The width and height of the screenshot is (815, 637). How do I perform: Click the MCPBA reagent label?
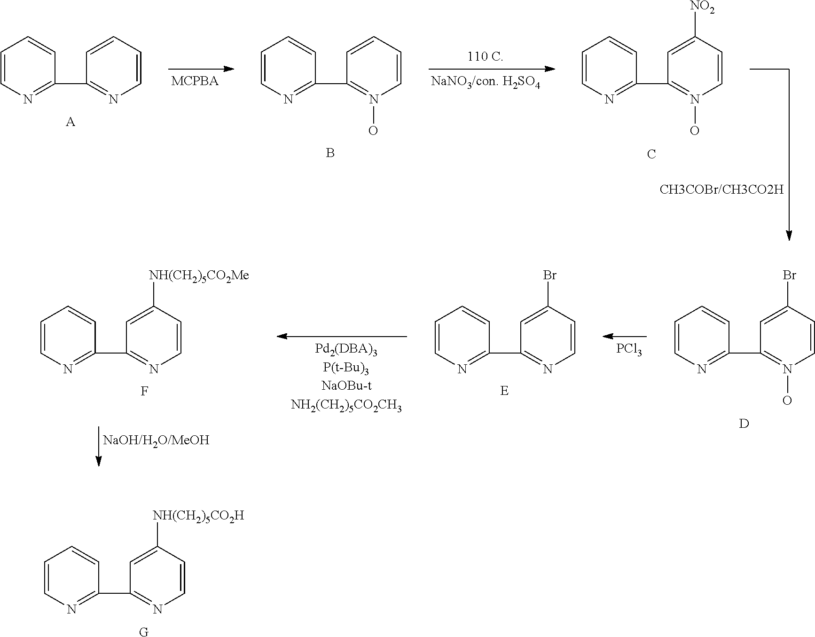(x=195, y=81)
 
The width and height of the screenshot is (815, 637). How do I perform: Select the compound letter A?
(x=71, y=122)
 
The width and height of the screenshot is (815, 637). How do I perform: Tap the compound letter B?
(x=330, y=153)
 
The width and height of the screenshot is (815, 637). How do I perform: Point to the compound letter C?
(x=651, y=154)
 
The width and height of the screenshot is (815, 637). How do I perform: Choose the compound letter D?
(x=744, y=424)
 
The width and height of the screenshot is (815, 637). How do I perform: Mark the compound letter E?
(x=504, y=391)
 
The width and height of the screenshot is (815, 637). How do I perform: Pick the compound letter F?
(x=144, y=391)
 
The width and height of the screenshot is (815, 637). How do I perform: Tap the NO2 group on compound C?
(x=703, y=8)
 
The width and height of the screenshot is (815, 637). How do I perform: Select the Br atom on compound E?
(x=550, y=275)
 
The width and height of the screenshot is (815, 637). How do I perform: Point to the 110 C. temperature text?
(x=485, y=57)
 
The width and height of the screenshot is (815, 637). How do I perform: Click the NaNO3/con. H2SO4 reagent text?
(x=486, y=82)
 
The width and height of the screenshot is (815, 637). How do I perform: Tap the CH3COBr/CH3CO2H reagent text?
(x=721, y=189)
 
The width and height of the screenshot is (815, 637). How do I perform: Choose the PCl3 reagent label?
(x=629, y=350)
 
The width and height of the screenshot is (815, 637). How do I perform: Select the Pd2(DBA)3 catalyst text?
(x=346, y=350)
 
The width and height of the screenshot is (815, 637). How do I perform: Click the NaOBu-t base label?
(x=346, y=386)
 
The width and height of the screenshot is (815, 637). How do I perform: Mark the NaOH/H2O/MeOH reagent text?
(x=156, y=440)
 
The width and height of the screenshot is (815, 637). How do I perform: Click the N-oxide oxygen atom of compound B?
(x=373, y=131)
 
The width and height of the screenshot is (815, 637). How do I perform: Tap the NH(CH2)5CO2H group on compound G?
(x=198, y=516)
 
